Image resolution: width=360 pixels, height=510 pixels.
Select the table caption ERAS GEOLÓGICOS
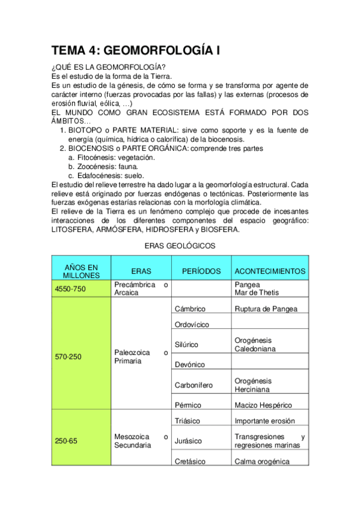point(180,245)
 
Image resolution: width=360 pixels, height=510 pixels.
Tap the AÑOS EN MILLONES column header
point(81,271)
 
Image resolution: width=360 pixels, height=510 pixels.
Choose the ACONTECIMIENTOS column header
point(270,271)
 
